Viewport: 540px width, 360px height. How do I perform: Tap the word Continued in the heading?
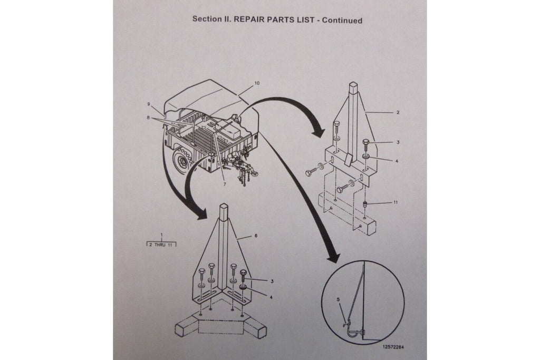click(x=342, y=21)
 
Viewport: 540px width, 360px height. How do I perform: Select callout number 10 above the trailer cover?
click(x=257, y=83)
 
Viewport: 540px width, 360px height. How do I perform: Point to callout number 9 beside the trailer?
click(x=148, y=104)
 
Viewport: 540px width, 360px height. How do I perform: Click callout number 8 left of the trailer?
click(x=148, y=118)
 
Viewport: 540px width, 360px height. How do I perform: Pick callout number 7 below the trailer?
click(x=225, y=184)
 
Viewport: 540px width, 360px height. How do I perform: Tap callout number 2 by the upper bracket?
click(x=398, y=112)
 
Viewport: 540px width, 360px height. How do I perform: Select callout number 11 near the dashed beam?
click(x=396, y=202)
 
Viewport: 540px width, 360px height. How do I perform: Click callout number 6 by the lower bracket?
click(x=256, y=236)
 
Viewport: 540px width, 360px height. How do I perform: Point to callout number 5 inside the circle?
click(x=338, y=300)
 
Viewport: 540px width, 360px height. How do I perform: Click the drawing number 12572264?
click(x=393, y=347)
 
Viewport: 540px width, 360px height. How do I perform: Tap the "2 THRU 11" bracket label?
click(x=161, y=245)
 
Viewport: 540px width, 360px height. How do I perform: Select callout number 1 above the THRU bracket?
click(x=161, y=235)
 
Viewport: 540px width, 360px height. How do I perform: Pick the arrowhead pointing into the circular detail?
click(x=333, y=256)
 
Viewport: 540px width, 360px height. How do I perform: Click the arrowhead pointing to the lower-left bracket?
click(x=201, y=215)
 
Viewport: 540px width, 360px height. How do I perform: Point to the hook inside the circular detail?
click(x=352, y=330)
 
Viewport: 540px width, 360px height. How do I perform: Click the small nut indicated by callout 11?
click(x=365, y=204)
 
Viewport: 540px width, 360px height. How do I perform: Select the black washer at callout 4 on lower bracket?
click(x=244, y=287)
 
